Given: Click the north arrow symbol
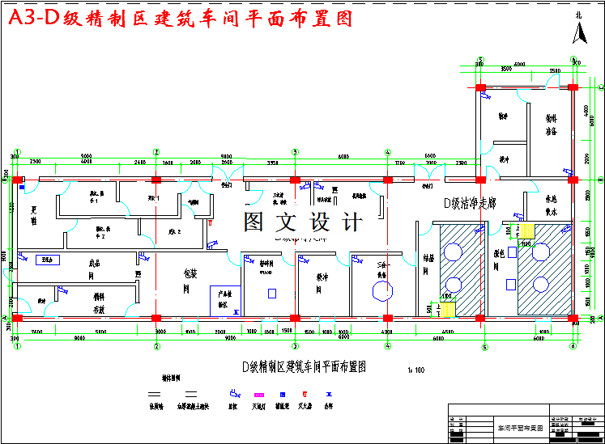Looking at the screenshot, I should tap(579, 32).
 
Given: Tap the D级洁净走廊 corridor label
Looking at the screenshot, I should tap(469, 201).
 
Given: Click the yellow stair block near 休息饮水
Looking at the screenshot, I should tap(540, 231).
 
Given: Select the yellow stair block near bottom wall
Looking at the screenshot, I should tap(451, 308).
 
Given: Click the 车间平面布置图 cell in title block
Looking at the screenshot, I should tap(520, 426).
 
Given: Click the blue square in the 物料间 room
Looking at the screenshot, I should tap(271, 293).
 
